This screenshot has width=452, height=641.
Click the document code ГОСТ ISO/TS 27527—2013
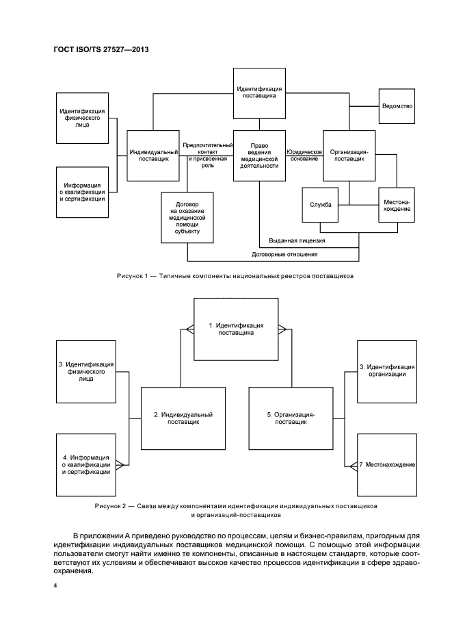[101, 51]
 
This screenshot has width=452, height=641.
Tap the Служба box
[320, 204]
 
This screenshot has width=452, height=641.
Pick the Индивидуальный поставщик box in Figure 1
[154, 155]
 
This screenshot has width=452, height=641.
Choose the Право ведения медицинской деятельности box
[258, 155]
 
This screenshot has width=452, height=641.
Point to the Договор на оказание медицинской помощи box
[187, 217]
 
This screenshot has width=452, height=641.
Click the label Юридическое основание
[304, 155]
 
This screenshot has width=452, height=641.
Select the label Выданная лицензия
[296, 241]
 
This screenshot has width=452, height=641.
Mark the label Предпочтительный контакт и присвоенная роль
[207, 155]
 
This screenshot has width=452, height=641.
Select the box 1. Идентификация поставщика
[235, 329]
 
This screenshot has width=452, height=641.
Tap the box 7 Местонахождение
[386, 465]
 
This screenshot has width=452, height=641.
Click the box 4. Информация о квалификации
[86, 465]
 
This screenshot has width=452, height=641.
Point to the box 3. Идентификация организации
[386, 370]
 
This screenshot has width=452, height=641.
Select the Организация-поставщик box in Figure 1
[349, 155]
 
